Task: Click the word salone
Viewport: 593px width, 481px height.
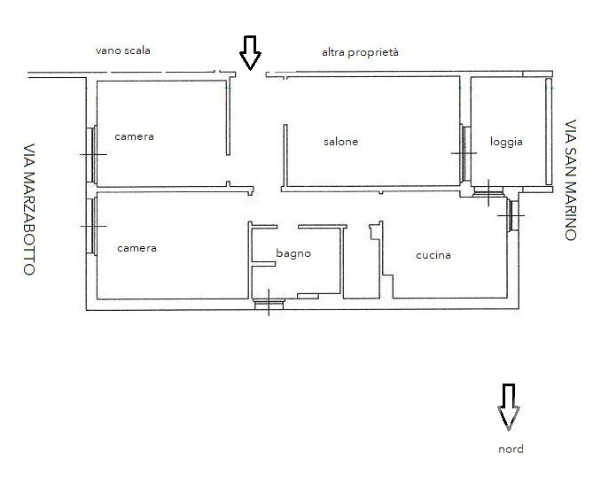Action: click(340, 142)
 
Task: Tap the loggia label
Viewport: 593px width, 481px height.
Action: click(506, 142)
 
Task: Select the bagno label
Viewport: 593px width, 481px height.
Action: click(293, 253)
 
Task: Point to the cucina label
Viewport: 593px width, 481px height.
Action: click(433, 255)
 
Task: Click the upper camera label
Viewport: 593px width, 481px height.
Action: click(134, 136)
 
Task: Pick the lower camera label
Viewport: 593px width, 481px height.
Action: click(137, 248)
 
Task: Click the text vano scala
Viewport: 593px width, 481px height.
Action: click(123, 50)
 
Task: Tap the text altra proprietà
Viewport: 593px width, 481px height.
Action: click(360, 52)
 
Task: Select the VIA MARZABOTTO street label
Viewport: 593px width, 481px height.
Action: click(29, 209)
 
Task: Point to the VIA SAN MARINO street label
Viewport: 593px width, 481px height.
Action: click(571, 180)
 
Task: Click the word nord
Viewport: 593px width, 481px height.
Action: click(511, 449)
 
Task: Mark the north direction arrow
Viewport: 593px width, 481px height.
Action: click(508, 407)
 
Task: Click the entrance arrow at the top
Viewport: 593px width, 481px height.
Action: click(250, 53)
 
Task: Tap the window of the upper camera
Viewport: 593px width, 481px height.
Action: click(91, 154)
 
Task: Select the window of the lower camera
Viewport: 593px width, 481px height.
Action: click(91, 226)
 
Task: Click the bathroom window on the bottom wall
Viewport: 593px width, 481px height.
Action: click(269, 304)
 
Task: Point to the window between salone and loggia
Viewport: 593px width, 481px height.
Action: click(464, 153)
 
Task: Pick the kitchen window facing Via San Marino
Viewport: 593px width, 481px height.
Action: click(512, 215)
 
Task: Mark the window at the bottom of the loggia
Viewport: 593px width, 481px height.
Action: click(488, 193)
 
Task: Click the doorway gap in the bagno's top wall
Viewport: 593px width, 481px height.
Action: click(287, 227)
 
